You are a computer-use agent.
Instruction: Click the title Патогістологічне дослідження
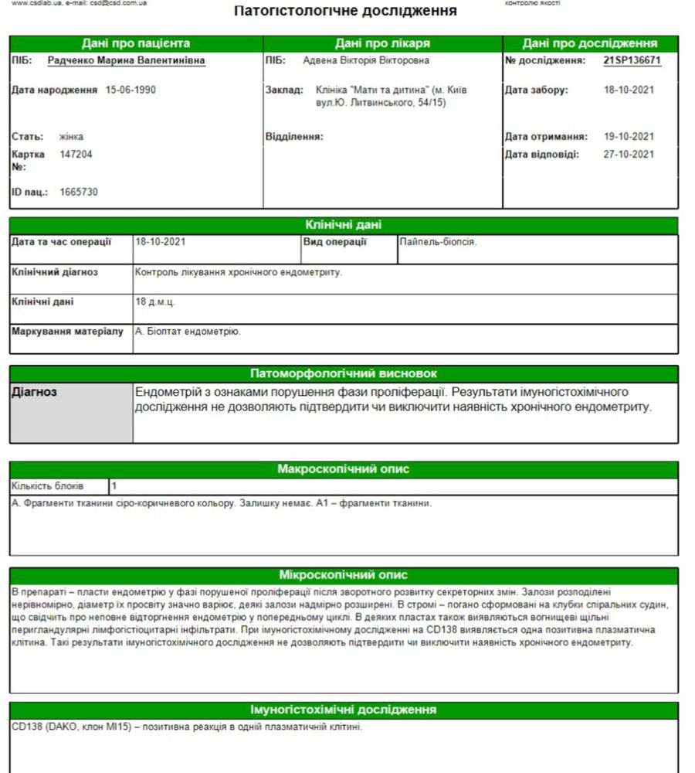click(x=344, y=11)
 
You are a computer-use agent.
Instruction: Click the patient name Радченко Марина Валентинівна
click(x=127, y=60)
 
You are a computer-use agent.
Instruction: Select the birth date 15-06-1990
click(x=131, y=90)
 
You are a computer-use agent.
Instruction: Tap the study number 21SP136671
click(x=632, y=60)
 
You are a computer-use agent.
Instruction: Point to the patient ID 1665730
click(x=79, y=192)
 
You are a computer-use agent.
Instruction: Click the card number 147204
click(x=76, y=154)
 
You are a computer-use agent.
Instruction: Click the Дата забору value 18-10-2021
click(x=629, y=90)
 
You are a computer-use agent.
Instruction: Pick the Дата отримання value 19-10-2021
click(x=629, y=137)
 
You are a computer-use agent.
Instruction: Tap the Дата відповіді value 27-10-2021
click(x=629, y=154)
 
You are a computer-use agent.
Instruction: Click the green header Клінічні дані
click(x=344, y=226)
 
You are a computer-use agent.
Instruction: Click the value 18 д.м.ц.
click(x=155, y=301)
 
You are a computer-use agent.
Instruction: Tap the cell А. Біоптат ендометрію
click(x=188, y=332)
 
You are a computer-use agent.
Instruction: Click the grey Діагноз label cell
click(x=71, y=412)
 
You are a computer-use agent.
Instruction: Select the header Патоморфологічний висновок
click(x=344, y=373)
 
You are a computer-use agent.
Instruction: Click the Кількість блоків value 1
click(x=114, y=486)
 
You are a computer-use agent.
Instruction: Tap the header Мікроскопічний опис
click(x=344, y=575)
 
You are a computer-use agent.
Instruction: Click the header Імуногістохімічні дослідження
click(x=344, y=710)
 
